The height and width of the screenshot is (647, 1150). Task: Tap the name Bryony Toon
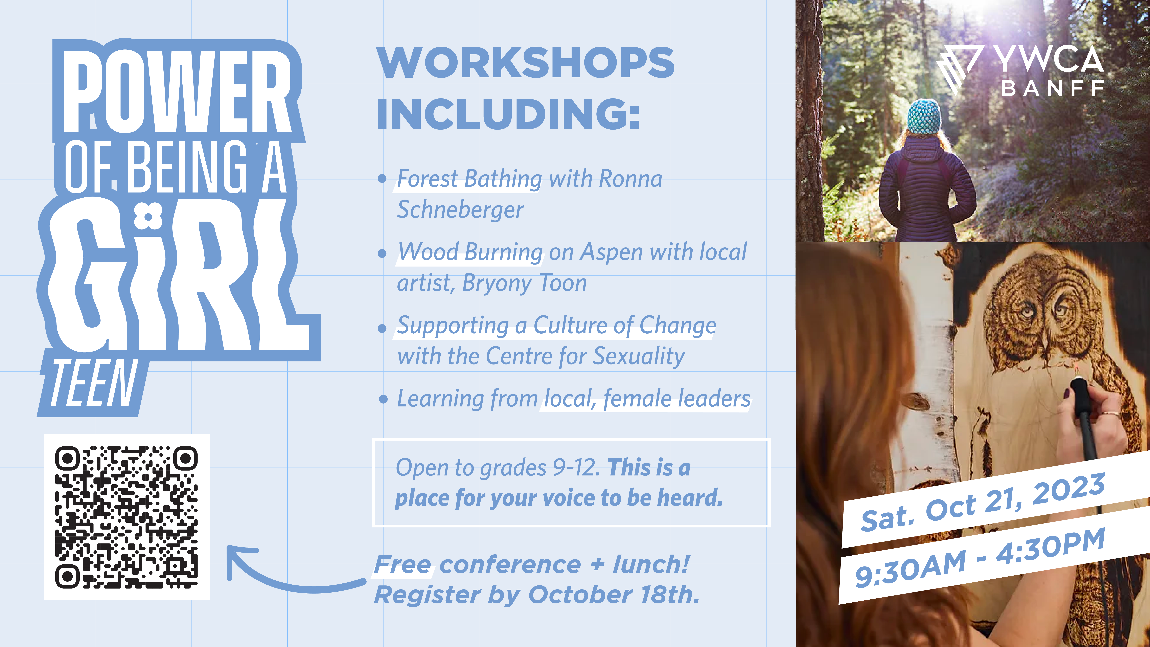point(525,283)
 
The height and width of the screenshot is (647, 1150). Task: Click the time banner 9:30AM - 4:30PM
point(980,558)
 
